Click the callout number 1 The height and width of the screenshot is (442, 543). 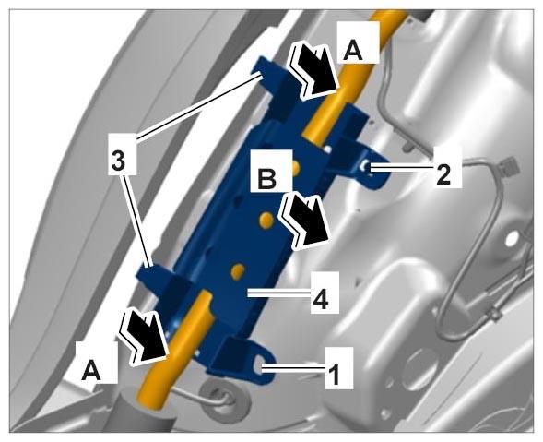tap(334, 374)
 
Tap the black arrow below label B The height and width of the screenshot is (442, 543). tap(305, 221)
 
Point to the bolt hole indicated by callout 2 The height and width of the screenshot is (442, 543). tap(366, 168)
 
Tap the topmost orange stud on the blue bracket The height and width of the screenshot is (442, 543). tap(295, 168)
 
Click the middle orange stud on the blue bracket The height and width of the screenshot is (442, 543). tap(266, 220)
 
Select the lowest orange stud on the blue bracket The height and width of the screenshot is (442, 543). tap(238, 271)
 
